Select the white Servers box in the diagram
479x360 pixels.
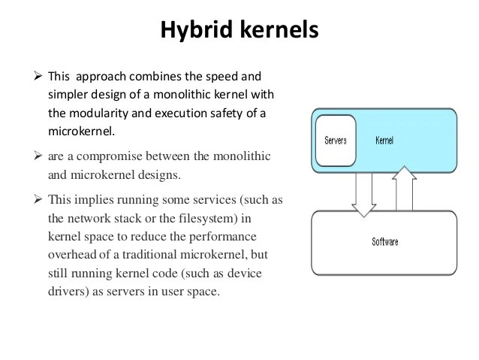335,141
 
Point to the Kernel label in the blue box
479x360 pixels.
383,141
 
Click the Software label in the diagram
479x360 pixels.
384,242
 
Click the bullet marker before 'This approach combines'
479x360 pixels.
39,77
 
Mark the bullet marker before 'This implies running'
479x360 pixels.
39,200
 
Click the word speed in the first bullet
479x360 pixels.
230,77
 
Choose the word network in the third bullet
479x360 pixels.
89,218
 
